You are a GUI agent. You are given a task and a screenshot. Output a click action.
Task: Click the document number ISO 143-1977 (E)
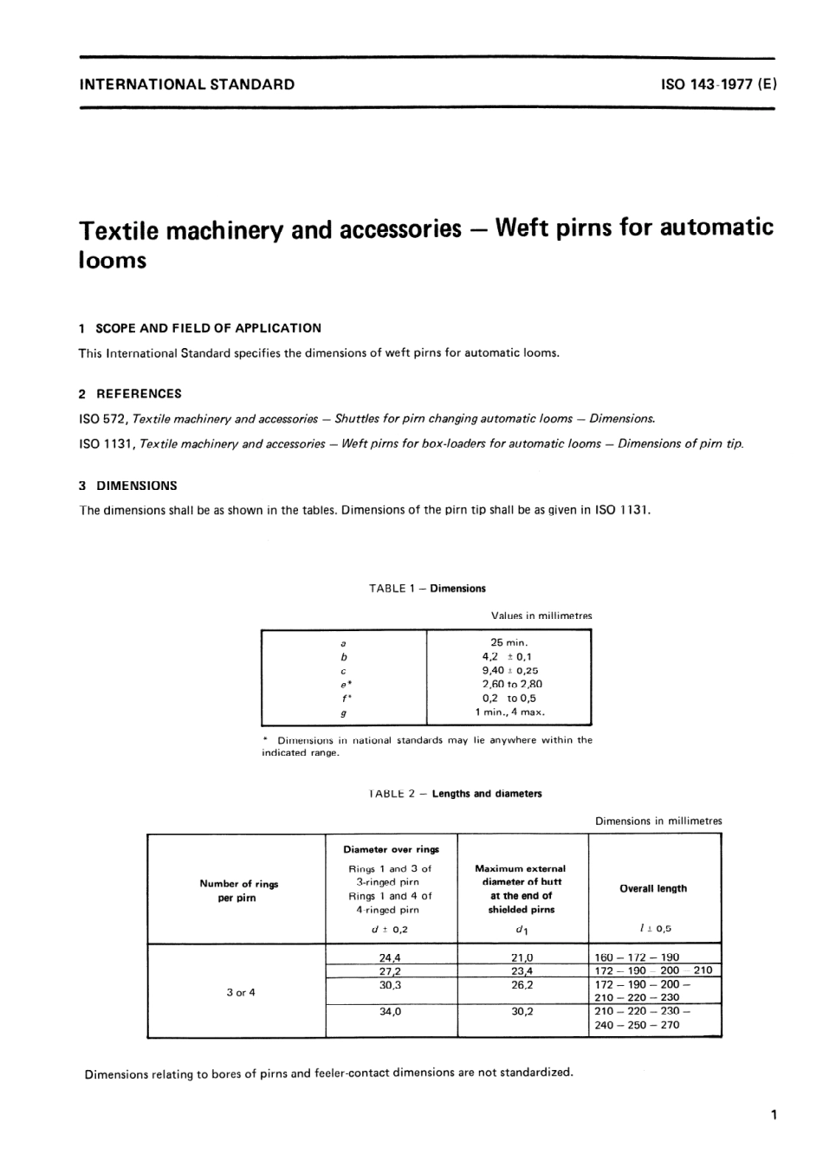click(718, 85)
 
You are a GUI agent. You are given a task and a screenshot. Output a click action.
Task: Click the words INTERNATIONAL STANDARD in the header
click(186, 85)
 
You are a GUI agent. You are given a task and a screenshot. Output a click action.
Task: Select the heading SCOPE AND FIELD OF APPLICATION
click(208, 328)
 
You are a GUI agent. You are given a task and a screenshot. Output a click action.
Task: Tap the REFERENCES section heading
click(139, 394)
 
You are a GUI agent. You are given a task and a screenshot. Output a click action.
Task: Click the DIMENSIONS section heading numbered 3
click(136, 486)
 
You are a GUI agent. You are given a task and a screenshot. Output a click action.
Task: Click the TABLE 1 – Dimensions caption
click(427, 589)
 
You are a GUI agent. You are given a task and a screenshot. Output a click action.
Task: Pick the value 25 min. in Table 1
click(509, 643)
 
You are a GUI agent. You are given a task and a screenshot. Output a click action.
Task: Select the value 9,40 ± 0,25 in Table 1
click(509, 671)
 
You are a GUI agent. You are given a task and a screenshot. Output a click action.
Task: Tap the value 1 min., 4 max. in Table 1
click(509, 712)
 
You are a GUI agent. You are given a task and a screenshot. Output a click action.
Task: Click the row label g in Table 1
click(344, 713)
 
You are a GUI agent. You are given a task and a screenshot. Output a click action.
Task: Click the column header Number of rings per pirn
click(239, 891)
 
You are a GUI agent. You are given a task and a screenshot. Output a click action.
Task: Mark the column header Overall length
click(653, 889)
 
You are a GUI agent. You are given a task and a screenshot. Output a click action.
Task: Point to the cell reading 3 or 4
click(240, 993)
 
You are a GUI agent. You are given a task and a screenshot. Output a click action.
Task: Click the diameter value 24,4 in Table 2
click(390, 958)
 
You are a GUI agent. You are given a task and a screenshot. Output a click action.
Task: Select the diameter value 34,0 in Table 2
click(390, 1011)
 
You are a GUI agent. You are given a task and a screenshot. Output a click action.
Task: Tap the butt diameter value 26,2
click(522, 985)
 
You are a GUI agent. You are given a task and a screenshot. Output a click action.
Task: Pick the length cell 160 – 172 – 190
click(637, 958)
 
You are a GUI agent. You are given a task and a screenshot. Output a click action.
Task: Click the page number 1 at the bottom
click(773, 1115)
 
